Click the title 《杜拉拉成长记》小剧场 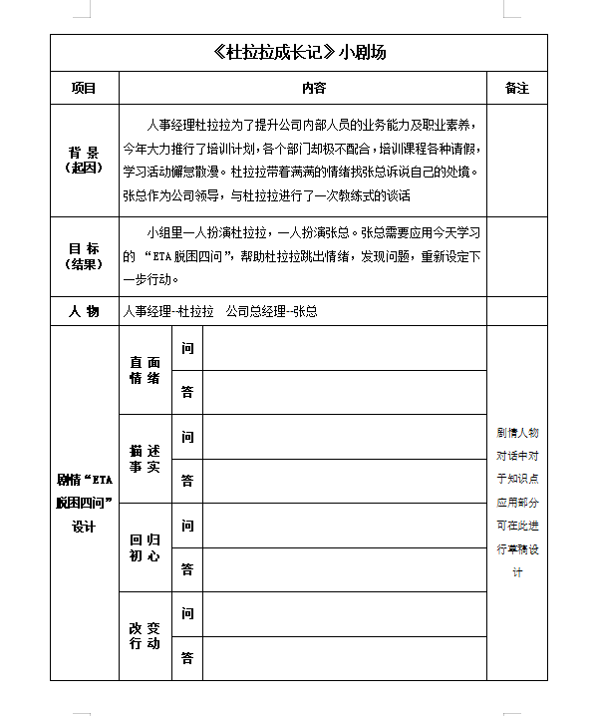click(299, 53)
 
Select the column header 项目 click(84, 89)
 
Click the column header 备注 click(516, 89)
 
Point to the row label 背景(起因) click(84, 160)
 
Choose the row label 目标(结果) click(84, 256)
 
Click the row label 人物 click(84, 311)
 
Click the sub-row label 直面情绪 click(145, 370)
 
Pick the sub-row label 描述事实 click(145, 459)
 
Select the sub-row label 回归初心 click(145, 547)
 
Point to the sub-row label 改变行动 click(145, 635)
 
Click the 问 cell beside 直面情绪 click(187, 348)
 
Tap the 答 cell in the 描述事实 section click(187, 481)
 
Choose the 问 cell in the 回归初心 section click(187, 525)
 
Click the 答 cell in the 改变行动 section click(187, 658)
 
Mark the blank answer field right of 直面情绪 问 click(344, 348)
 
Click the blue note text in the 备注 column click(516, 503)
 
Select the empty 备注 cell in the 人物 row click(516, 311)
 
